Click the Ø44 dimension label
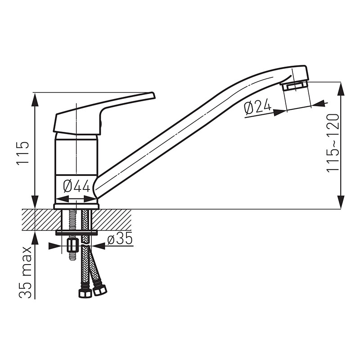tap(76, 186)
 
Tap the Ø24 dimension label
tap(257, 108)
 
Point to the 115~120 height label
tap(333, 143)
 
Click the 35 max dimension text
tap(25, 273)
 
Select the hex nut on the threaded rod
tap(72, 246)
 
